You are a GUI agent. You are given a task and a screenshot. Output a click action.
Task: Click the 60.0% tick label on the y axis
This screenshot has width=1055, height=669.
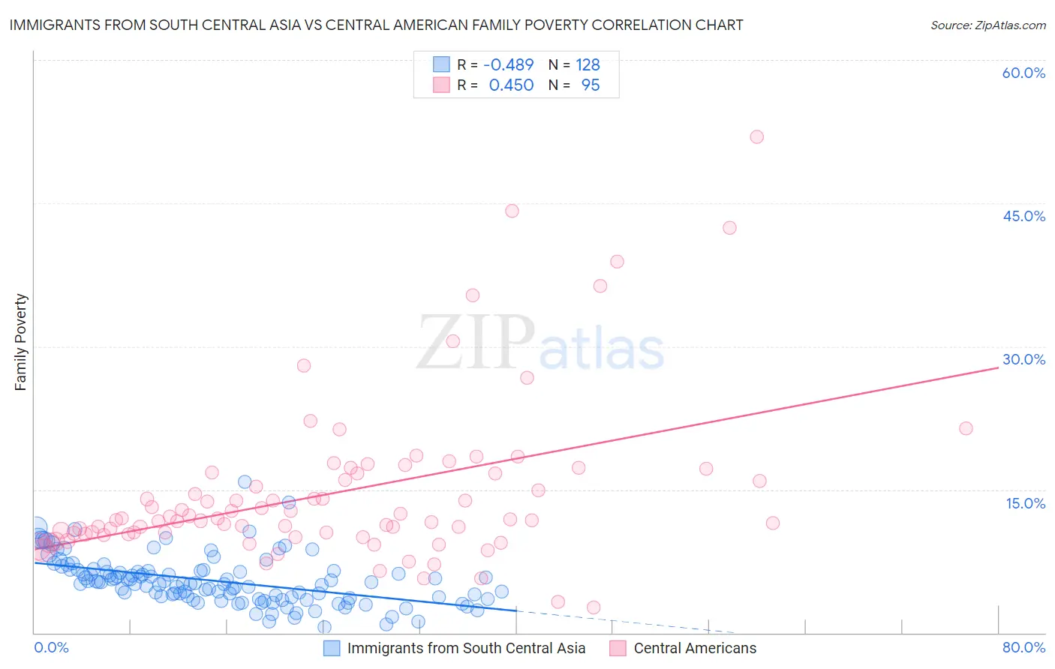1023,73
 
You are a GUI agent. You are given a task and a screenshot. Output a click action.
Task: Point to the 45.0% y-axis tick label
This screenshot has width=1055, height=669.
1023,216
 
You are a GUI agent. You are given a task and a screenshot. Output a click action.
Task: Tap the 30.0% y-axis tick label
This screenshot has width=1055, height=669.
1023,359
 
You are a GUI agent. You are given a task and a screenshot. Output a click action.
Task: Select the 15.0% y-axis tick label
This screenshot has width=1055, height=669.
1025,503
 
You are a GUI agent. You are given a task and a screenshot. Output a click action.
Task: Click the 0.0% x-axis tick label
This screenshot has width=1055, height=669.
51,647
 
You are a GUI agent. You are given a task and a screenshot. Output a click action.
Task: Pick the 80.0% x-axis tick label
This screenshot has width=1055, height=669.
1023,647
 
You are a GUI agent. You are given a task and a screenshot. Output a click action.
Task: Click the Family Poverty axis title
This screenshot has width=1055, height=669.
21,342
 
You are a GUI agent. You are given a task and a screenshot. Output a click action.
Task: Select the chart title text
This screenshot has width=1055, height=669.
376,25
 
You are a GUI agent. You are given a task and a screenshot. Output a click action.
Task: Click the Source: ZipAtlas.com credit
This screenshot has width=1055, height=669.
987,25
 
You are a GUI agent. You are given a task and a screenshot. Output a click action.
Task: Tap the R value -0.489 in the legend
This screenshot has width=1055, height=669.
508,64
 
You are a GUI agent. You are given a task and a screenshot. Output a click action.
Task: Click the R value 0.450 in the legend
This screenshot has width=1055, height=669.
511,85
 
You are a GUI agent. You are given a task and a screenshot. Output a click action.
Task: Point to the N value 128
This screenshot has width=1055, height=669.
588,64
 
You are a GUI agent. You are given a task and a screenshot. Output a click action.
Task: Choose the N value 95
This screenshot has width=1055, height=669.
591,85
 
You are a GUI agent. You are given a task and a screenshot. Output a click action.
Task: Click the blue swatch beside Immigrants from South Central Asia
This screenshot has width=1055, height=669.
332,648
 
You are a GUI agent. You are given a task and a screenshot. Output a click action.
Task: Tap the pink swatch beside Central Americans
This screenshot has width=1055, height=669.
618,648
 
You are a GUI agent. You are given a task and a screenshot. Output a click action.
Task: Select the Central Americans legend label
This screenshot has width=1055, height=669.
695,648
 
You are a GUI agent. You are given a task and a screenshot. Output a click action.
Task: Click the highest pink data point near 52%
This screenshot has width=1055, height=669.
756,136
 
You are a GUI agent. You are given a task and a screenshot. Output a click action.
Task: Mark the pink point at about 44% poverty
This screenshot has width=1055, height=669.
512,211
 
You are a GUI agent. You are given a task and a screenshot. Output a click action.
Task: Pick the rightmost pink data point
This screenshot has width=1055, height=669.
966,428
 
